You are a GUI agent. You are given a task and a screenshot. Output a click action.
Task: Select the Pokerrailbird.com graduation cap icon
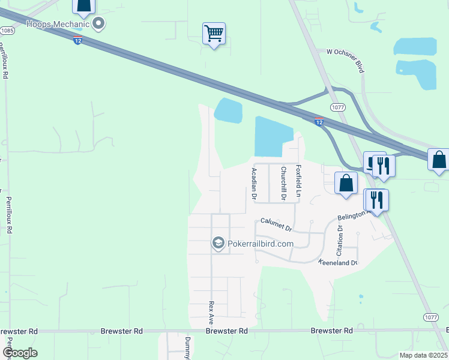(218, 243)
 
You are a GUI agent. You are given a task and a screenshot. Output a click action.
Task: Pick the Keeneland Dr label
(337, 263)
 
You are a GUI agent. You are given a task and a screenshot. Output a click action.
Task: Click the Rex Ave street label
(211, 313)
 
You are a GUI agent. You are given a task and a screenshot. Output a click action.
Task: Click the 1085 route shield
(6, 30)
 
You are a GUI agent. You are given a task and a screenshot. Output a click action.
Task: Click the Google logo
(20, 353)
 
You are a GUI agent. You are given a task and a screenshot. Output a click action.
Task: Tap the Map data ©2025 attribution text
(423, 355)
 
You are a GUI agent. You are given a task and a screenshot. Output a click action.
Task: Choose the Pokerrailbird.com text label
(260, 244)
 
